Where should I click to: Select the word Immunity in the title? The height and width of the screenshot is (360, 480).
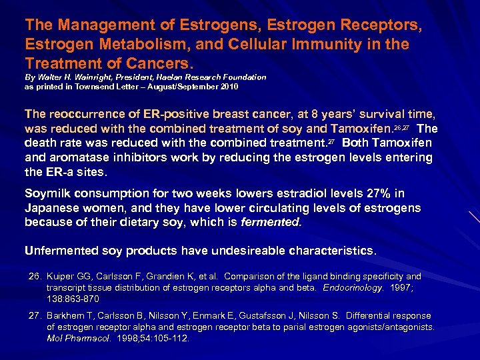pos(347,45)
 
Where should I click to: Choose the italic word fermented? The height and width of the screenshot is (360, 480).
pos(273,222)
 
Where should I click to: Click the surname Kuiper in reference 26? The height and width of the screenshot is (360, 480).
pos(61,276)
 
